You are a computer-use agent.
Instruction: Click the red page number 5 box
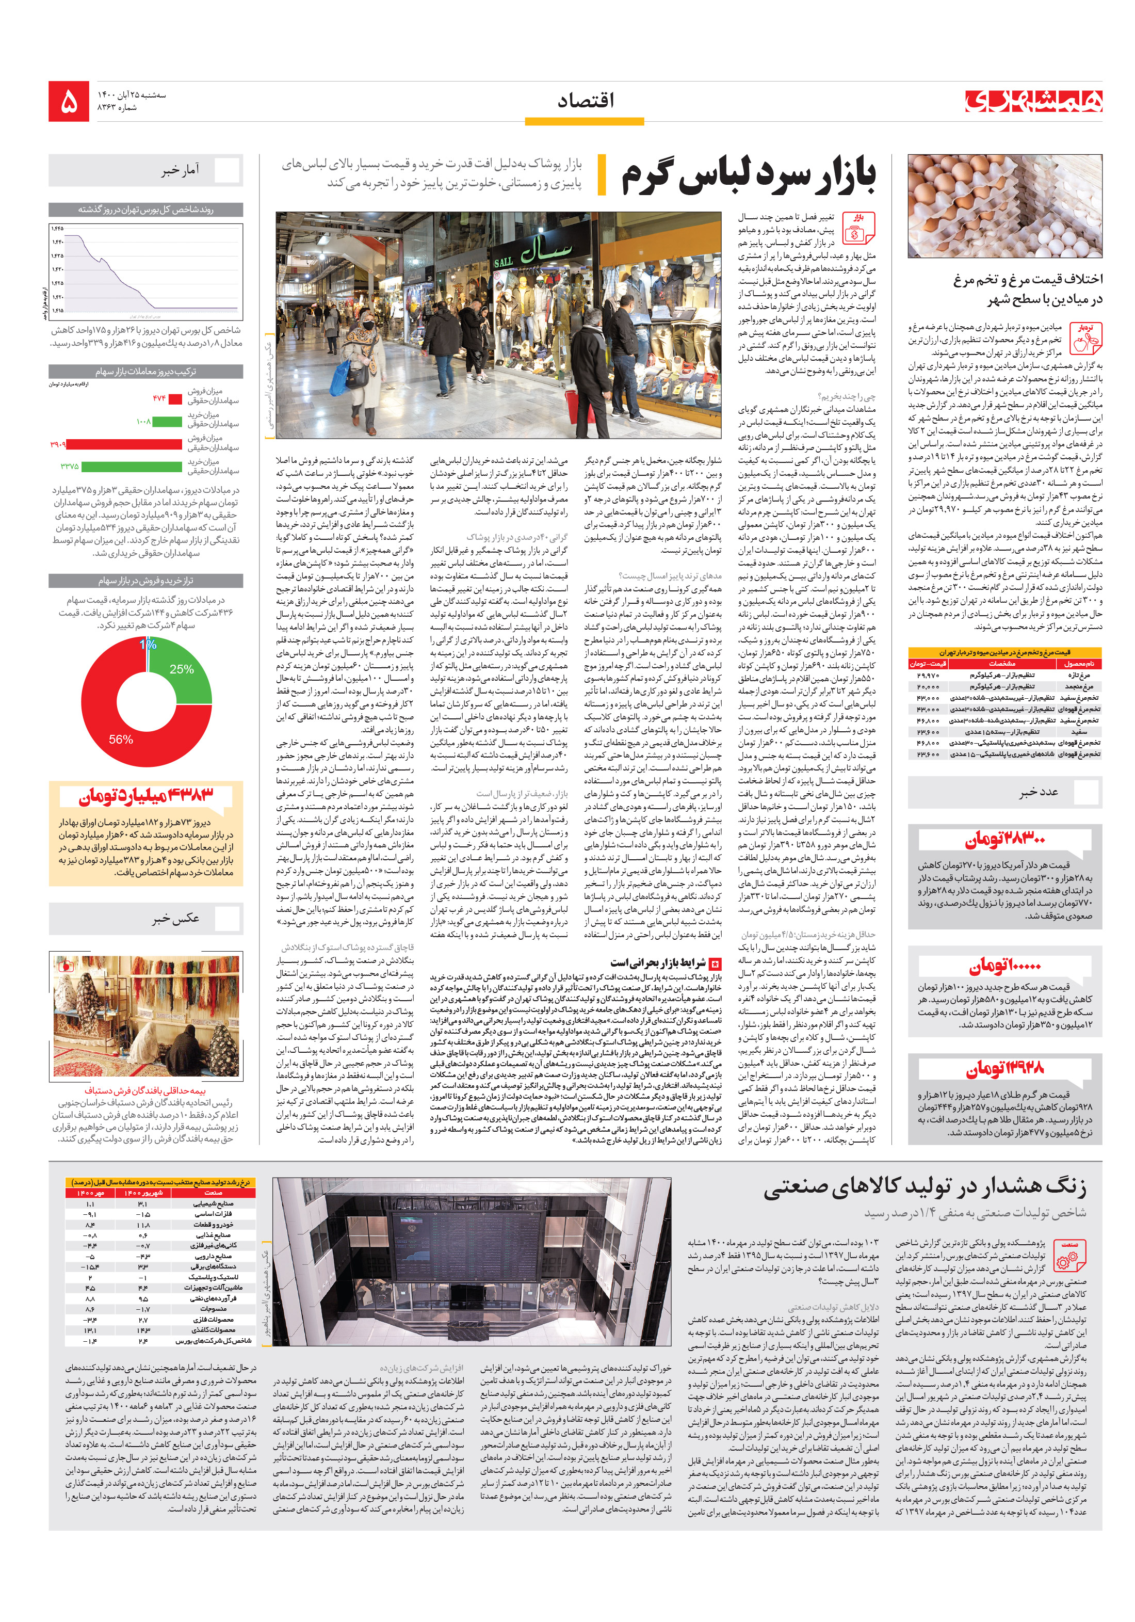(69, 101)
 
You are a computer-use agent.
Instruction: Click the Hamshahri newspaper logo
(1032, 101)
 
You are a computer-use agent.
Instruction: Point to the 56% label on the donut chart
(120, 739)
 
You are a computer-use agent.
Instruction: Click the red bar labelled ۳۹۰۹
(124, 444)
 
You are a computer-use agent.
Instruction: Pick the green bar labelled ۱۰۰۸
(167, 422)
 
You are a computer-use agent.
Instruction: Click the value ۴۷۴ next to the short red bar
(158, 398)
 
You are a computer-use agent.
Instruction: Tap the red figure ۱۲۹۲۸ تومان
(1003, 1067)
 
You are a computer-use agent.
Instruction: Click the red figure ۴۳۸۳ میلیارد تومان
(145, 797)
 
